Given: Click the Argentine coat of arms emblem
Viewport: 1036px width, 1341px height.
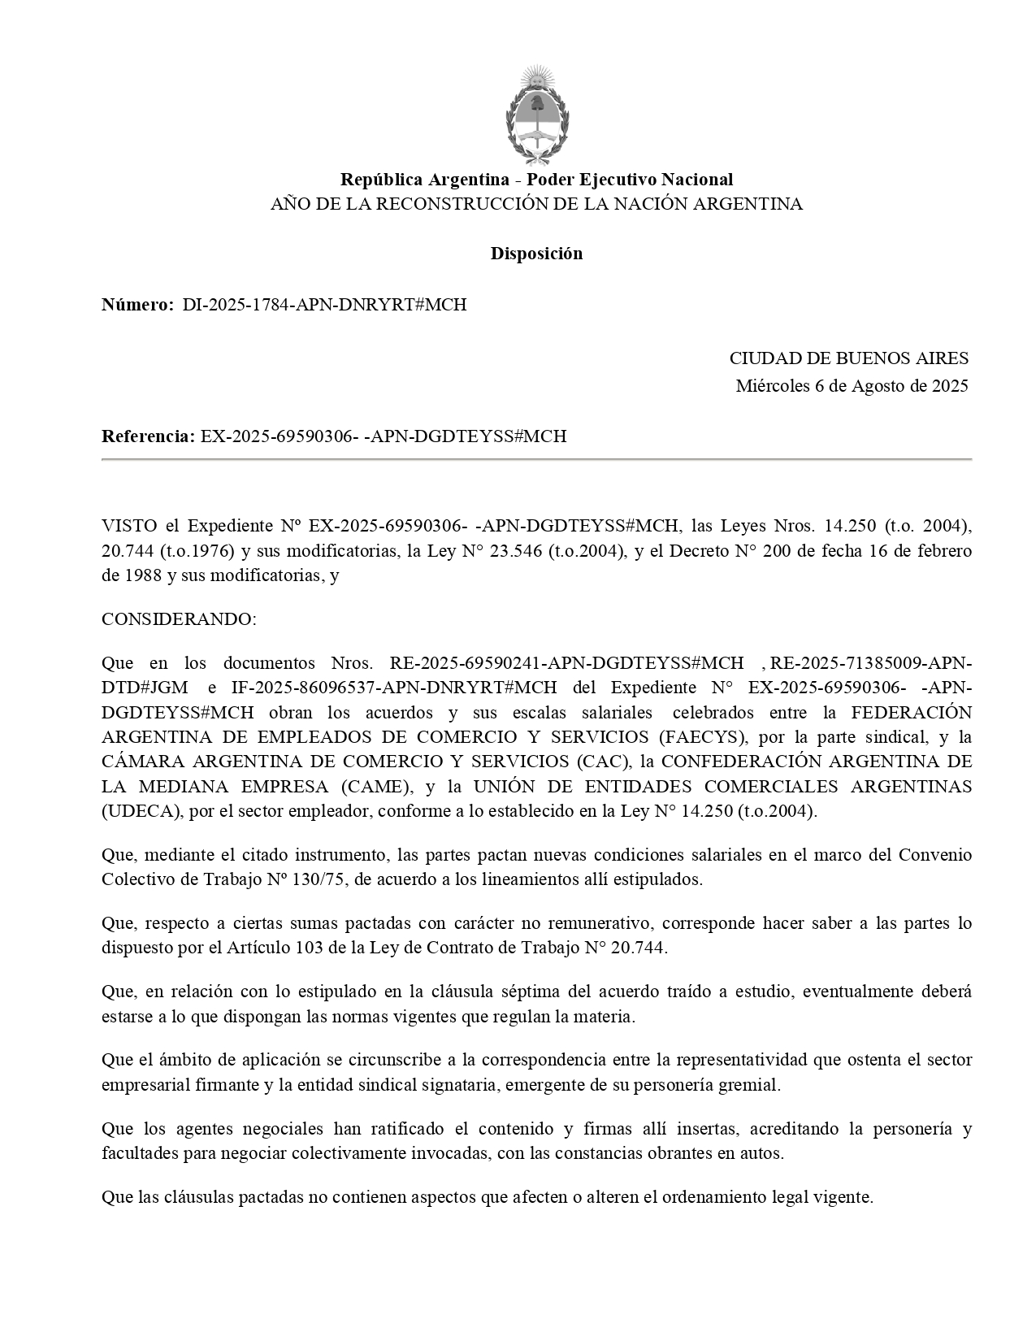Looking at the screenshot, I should click(x=536, y=114).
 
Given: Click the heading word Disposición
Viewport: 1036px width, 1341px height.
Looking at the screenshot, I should click(x=536, y=254).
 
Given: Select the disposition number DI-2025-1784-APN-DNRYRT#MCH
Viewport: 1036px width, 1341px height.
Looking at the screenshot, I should click(x=324, y=305).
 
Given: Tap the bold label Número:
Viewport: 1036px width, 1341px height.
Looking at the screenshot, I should click(x=137, y=305).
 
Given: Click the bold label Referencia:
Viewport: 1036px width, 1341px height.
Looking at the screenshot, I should click(x=148, y=436).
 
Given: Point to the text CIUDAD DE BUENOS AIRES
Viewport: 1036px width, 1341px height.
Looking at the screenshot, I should click(x=848, y=358).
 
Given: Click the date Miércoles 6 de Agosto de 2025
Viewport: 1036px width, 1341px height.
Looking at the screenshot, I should click(x=852, y=386).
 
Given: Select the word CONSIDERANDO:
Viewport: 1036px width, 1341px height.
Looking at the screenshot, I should click(x=179, y=619).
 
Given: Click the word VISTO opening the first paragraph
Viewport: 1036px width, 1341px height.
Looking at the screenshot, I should click(x=125, y=526).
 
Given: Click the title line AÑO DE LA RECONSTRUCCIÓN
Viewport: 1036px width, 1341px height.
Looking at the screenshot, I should click(x=536, y=204).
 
